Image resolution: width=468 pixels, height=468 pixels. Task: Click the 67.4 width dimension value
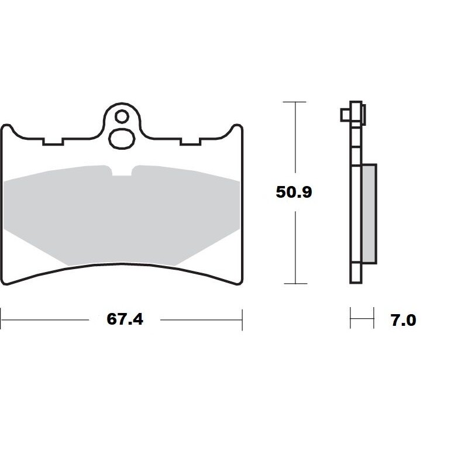tap(125, 319)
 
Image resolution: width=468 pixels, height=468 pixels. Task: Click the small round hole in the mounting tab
tap(121, 116)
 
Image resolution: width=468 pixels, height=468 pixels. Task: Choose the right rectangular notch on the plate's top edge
tap(190, 142)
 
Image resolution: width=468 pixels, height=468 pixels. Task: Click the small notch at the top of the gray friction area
tap(122, 172)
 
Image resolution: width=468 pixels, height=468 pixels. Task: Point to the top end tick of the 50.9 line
tap(294, 102)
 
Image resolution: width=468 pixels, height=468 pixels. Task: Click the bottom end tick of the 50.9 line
tap(294, 283)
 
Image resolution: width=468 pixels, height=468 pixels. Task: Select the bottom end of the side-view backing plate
tap(355, 281)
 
